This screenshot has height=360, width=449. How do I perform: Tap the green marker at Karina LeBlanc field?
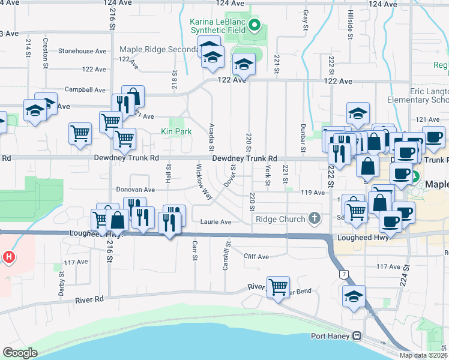(254, 25)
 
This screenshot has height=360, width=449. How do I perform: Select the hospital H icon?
(9, 257)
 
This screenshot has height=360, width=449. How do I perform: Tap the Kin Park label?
(176, 131)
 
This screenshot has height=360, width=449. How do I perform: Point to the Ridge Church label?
(280, 219)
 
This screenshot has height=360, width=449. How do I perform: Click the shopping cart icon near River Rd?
(278, 287)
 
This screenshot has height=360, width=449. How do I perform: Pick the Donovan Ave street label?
(136, 189)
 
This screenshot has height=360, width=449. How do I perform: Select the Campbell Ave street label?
(85, 90)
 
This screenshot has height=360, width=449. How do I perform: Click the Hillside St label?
(350, 25)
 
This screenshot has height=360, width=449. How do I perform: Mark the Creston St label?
(46, 48)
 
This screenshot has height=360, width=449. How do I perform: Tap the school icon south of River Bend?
(354, 296)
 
